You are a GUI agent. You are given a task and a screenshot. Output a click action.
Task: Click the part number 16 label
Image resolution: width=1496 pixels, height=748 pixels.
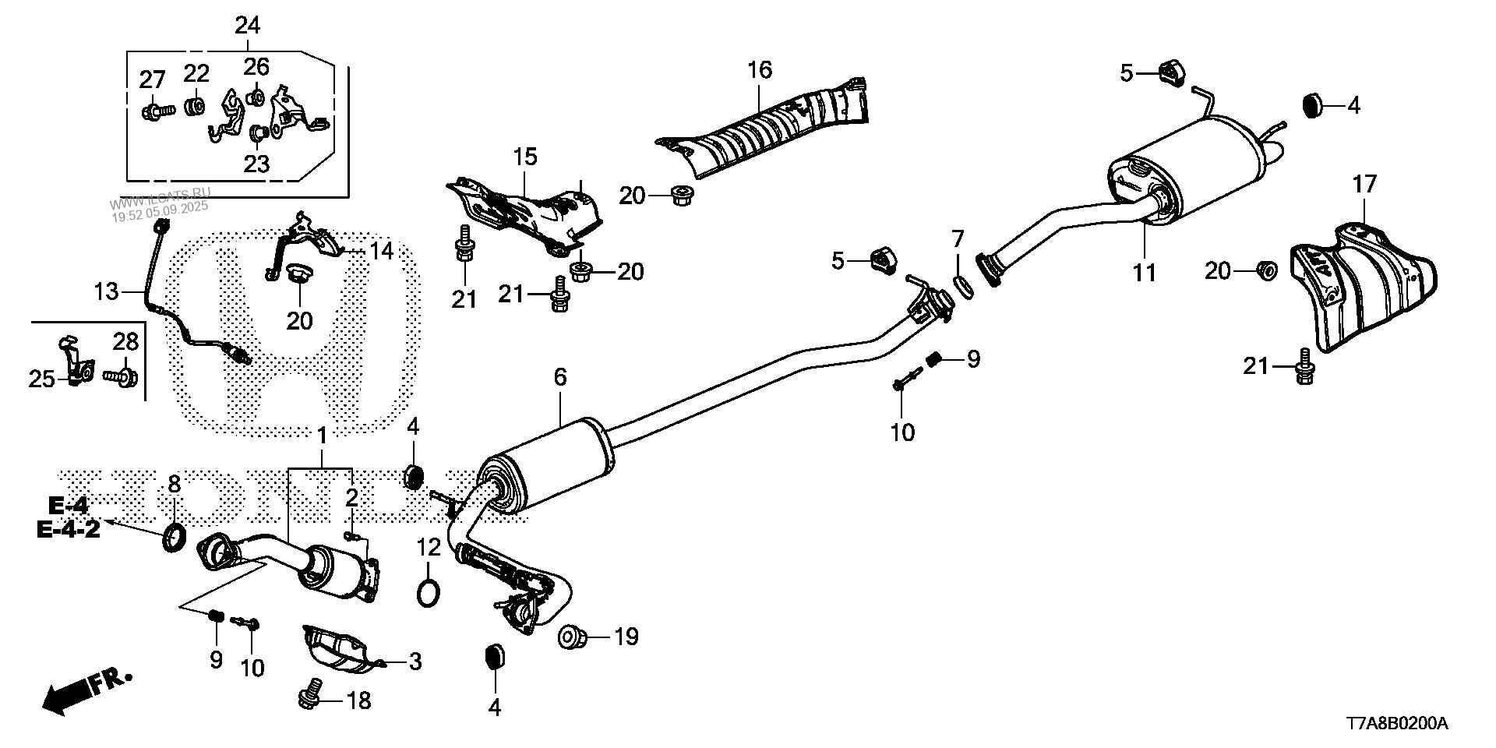click(x=760, y=70)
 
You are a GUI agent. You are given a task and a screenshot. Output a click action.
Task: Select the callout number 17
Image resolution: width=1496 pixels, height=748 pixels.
click(x=1364, y=185)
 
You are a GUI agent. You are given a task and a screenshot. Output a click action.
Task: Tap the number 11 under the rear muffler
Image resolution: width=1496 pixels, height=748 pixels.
click(x=1145, y=273)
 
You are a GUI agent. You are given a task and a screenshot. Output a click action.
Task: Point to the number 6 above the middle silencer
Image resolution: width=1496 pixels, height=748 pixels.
click(x=560, y=378)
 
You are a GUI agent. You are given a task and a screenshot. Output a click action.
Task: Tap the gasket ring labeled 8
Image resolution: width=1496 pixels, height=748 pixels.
click(x=175, y=538)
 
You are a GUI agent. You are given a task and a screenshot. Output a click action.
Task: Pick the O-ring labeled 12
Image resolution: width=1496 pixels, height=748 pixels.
click(x=428, y=592)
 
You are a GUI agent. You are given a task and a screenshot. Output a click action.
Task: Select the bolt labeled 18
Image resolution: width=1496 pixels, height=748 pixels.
click(x=311, y=693)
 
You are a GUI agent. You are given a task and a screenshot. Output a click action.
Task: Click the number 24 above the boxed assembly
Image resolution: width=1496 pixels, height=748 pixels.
click(x=247, y=26)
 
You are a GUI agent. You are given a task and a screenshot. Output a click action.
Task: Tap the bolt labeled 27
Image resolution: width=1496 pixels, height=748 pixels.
click(x=152, y=112)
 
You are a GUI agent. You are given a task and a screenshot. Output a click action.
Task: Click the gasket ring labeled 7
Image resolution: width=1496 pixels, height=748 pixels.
click(x=963, y=286)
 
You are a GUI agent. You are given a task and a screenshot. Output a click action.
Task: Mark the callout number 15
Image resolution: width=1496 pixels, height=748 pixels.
click(x=525, y=157)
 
